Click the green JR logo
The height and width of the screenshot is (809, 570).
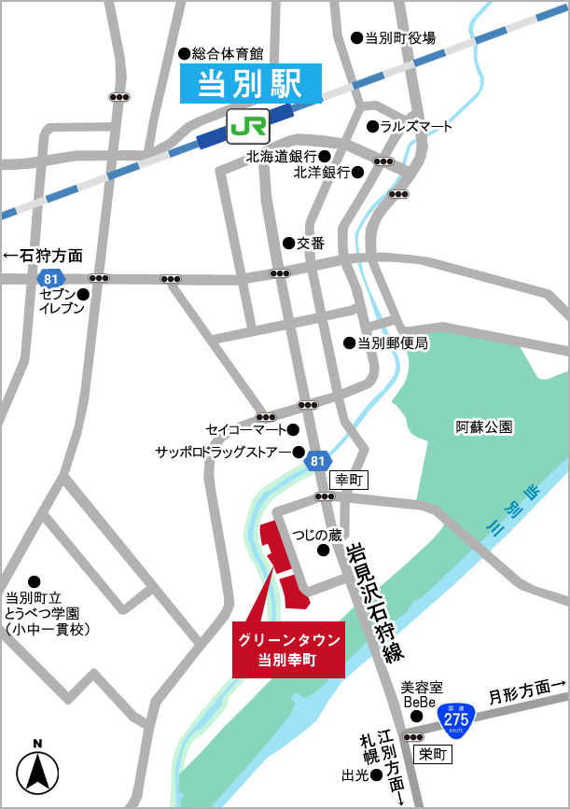click(248, 123)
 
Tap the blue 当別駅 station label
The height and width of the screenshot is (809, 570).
click(250, 85)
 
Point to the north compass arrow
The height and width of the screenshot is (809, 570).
click(38, 771)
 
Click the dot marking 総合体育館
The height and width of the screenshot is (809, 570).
click(184, 52)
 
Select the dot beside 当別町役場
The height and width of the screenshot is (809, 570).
click(355, 38)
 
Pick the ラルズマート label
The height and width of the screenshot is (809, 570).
click(416, 127)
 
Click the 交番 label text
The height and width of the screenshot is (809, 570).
click(311, 243)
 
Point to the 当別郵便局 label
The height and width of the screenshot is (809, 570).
click(393, 343)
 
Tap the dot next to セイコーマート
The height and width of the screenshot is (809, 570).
click(293, 430)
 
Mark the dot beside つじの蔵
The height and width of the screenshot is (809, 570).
click(323, 551)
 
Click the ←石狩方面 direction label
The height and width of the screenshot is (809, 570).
click(43, 255)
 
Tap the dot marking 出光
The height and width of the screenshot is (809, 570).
click(376, 774)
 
